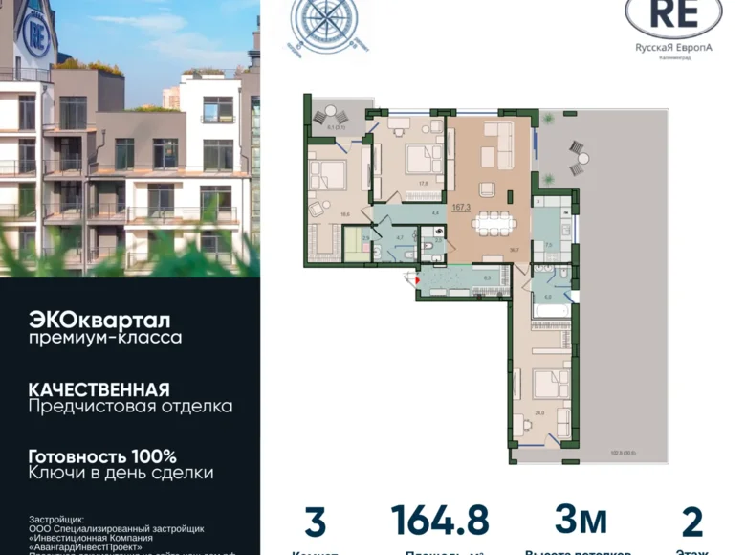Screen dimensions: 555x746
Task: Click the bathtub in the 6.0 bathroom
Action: click(x=552, y=310)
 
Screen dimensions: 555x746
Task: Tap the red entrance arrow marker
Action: click(x=413, y=278)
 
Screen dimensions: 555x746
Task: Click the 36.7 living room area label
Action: click(x=514, y=249)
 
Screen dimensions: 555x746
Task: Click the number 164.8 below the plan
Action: click(x=439, y=522)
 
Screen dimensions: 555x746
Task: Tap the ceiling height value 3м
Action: click(x=581, y=520)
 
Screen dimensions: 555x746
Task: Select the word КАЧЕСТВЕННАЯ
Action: click(x=99, y=389)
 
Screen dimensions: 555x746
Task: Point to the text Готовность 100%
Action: click(x=102, y=456)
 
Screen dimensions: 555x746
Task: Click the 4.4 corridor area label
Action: click(x=434, y=211)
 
